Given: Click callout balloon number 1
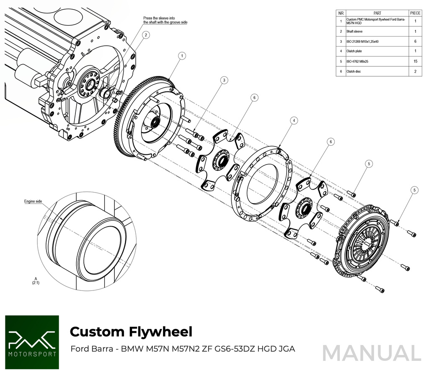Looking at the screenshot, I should click(x=181, y=55).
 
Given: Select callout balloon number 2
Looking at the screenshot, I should click(x=146, y=35).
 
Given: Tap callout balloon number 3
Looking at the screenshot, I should click(x=224, y=80).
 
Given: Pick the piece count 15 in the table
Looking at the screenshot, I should click(x=415, y=61).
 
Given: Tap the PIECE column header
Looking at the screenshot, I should click(x=415, y=13).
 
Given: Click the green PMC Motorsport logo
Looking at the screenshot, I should click(x=32, y=342).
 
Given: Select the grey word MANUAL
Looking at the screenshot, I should click(x=372, y=353).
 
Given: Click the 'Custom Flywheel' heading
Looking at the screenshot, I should click(x=131, y=332).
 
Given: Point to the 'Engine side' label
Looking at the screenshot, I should click(x=33, y=201).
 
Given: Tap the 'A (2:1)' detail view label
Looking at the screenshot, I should click(x=35, y=281).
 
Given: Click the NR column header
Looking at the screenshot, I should click(x=341, y=13).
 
